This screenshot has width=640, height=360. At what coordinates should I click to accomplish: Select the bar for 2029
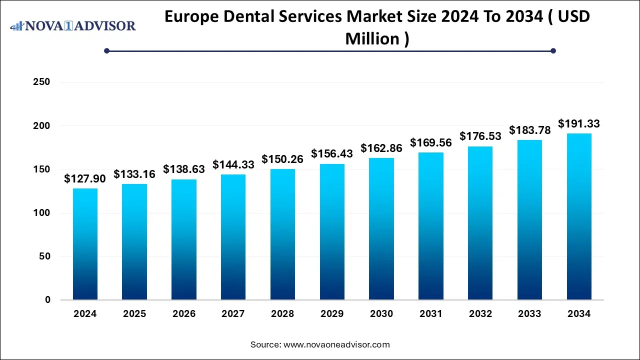332,232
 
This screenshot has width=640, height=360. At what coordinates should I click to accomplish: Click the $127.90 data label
85,179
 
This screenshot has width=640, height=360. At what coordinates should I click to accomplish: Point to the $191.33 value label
579,124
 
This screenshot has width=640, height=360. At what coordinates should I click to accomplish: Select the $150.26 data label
282,159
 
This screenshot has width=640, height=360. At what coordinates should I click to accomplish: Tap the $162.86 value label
381,148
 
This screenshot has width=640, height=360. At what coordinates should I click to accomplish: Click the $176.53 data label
480,136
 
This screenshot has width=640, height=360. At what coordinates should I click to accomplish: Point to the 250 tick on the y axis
41,82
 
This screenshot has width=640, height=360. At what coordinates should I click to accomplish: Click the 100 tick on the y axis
41,213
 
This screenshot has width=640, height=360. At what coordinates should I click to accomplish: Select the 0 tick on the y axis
47,300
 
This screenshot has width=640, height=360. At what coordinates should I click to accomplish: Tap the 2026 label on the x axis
184,314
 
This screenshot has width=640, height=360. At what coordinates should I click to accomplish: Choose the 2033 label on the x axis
529,314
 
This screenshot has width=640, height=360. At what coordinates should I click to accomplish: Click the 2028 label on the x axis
282,314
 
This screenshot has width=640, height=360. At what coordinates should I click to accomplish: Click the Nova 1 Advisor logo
73,25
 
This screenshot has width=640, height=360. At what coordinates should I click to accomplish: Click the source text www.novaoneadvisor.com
336,344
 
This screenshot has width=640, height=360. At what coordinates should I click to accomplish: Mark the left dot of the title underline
106,50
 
